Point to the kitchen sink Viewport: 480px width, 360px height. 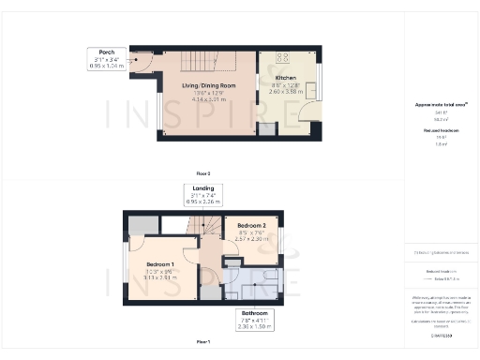click(x=310, y=90)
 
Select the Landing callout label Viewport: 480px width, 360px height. click(x=202, y=189)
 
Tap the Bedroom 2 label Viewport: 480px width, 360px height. click(x=252, y=226)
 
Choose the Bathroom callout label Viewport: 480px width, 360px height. click(x=255, y=312)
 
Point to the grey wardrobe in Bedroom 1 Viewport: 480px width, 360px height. click(x=142, y=225)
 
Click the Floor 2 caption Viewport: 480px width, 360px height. click(x=202, y=173)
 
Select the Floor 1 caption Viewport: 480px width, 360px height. click(x=202, y=343)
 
